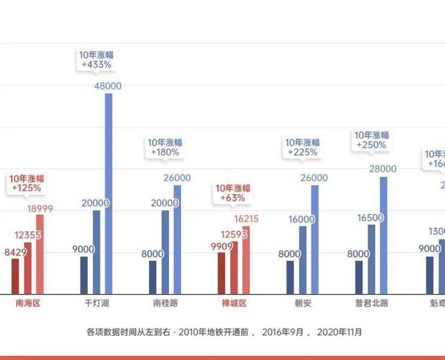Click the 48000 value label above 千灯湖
click(x=108, y=86)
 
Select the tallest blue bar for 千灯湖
click(x=108, y=192)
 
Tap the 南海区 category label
click(x=28, y=304)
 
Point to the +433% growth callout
click(x=95, y=59)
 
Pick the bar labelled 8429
click(x=15, y=276)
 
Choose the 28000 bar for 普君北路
click(x=383, y=234)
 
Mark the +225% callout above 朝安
click(x=302, y=147)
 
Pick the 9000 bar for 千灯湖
click(x=84, y=275)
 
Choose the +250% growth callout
click(x=372, y=140)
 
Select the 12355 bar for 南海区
click(x=28, y=268)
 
